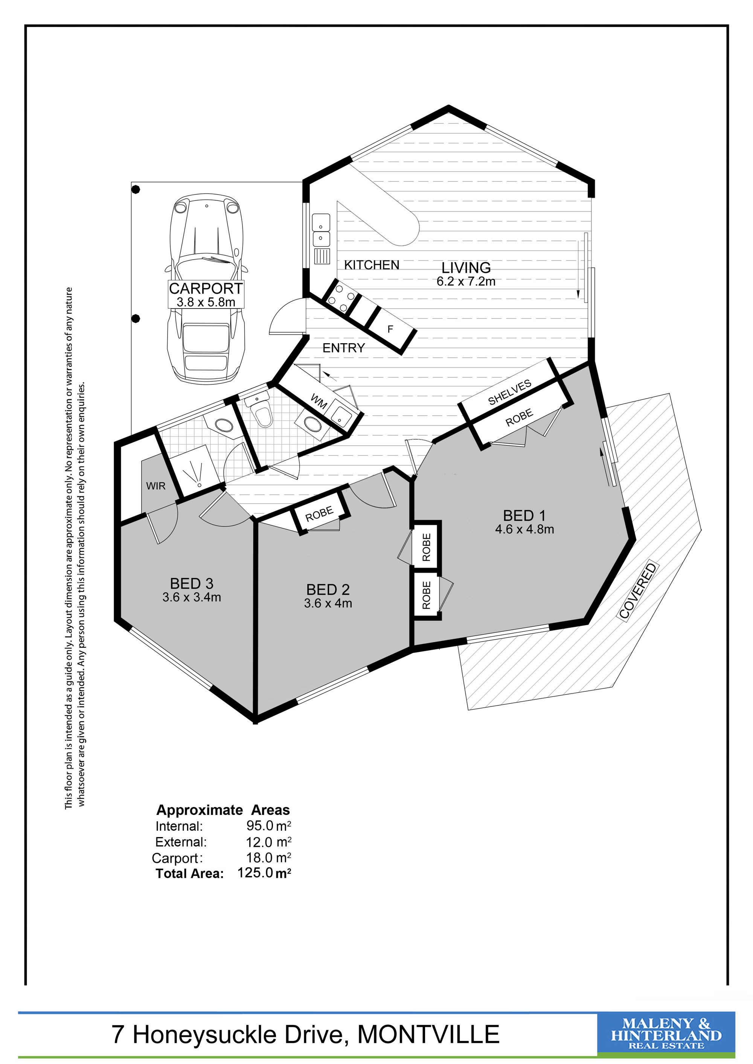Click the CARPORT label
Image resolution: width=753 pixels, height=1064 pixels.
206,288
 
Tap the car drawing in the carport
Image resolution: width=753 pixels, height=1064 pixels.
206,287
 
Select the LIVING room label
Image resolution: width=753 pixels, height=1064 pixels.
466,268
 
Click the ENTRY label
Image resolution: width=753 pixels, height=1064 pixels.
344,348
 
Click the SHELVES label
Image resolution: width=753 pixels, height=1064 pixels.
509,392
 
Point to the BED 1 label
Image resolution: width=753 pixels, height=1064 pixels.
524,515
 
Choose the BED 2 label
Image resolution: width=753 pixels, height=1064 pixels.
328,590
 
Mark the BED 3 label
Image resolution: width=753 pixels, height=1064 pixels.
192,584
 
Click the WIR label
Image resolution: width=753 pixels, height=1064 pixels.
155,486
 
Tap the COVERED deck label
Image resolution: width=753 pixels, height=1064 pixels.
639,591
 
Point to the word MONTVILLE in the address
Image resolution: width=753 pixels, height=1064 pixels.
428,1034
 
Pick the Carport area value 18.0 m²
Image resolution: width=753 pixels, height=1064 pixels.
268,857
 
